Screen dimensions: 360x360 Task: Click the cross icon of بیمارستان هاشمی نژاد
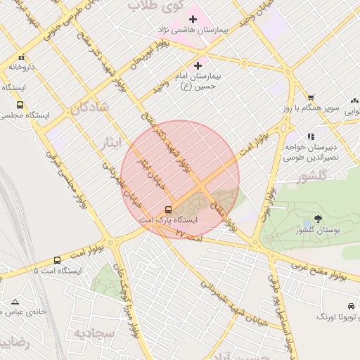[193, 18]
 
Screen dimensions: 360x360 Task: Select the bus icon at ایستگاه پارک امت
[168, 210]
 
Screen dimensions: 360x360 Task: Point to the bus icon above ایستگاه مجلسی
[20, 105]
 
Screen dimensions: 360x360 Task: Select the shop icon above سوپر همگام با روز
[310, 98]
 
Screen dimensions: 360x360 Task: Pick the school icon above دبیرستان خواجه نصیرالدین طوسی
[310, 136]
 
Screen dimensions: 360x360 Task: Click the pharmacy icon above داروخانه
[22, 58]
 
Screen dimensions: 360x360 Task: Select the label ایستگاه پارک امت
[171, 220]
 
